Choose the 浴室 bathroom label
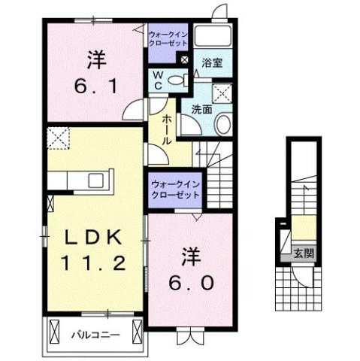[x=213, y=64]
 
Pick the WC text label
[x=159, y=80]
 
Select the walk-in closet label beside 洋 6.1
[x=168, y=39]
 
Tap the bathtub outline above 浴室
[x=215, y=37]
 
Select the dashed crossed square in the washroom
[x=222, y=93]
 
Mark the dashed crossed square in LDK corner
[x=57, y=138]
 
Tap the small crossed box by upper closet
[x=185, y=59]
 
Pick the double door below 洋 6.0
[x=194, y=336]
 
